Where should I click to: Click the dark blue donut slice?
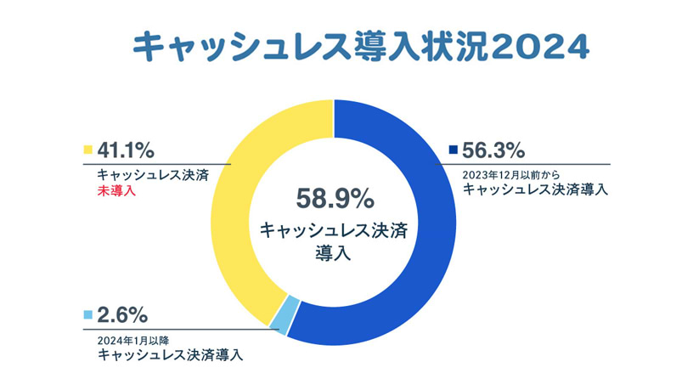click(425, 255)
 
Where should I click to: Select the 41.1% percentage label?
click(126, 151)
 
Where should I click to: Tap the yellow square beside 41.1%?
click(87, 151)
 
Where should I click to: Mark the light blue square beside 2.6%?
click(87, 315)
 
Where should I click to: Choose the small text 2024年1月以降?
click(138, 340)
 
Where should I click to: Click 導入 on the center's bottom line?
click(333, 252)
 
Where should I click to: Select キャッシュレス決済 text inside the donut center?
click(333, 230)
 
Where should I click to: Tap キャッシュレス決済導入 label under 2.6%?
click(171, 354)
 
